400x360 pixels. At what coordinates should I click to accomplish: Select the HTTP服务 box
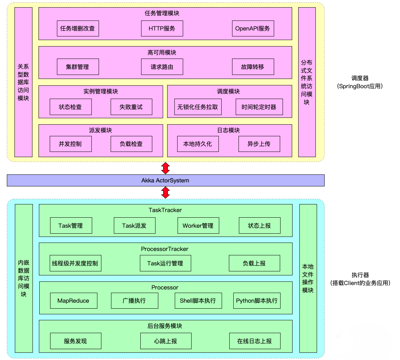162,28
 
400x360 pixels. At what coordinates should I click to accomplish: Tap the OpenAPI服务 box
253,28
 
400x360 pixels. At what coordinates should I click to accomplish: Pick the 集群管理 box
77,67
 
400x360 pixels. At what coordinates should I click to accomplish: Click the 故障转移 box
253,67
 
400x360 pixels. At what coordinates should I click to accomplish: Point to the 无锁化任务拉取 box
198,107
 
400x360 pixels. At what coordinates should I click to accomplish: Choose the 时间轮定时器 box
259,107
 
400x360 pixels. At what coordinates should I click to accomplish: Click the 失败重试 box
131,107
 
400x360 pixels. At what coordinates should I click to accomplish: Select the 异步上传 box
259,144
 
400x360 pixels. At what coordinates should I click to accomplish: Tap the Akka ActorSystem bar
165,180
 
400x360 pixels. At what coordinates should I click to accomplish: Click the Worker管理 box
198,226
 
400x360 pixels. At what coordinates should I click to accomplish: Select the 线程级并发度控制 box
75,263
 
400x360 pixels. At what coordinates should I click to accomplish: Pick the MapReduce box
73,301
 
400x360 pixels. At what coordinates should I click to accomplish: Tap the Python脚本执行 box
257,301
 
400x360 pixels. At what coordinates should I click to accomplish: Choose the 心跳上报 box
166,341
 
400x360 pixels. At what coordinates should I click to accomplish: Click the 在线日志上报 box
254,341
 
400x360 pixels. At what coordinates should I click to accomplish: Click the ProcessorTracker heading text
165,249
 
